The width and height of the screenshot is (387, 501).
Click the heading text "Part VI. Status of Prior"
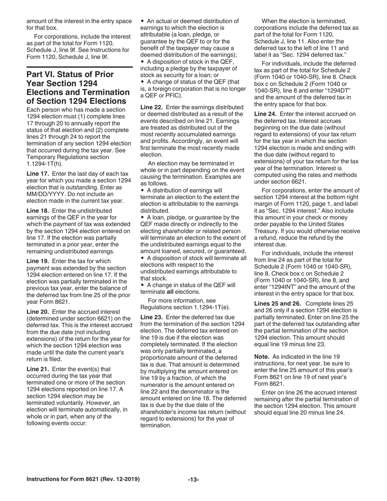[70, 75]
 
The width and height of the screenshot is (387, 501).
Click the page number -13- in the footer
[193, 479]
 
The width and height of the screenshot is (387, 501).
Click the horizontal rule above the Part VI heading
[79, 66]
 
